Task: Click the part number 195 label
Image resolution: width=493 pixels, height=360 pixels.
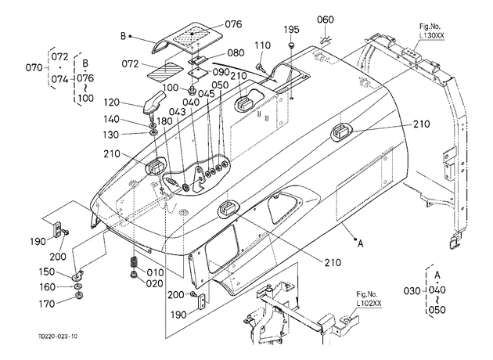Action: (291, 30)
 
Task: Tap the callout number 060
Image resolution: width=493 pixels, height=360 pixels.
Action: (325, 20)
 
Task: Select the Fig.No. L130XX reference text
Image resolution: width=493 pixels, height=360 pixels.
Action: (432, 31)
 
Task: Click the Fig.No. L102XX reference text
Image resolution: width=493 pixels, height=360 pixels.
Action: (369, 299)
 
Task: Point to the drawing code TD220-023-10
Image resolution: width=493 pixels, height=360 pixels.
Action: (58, 337)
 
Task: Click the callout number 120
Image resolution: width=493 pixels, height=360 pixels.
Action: (112, 103)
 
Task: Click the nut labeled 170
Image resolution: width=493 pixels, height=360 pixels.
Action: (79, 296)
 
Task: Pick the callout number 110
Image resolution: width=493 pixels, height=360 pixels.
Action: (262, 45)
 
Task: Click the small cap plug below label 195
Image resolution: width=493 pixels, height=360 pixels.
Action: (291, 45)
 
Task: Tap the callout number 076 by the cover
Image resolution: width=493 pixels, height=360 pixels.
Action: (233, 24)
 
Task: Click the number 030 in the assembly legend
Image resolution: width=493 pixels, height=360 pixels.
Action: (412, 291)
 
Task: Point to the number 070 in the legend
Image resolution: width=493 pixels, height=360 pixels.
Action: (34, 67)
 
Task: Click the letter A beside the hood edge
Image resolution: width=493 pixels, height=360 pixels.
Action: (360, 243)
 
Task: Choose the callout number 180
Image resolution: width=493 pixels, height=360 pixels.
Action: (164, 121)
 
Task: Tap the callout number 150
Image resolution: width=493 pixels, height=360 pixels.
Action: (46, 272)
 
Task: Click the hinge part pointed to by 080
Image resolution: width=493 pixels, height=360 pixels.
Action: (197, 60)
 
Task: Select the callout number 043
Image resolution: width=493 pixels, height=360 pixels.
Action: (177, 112)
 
